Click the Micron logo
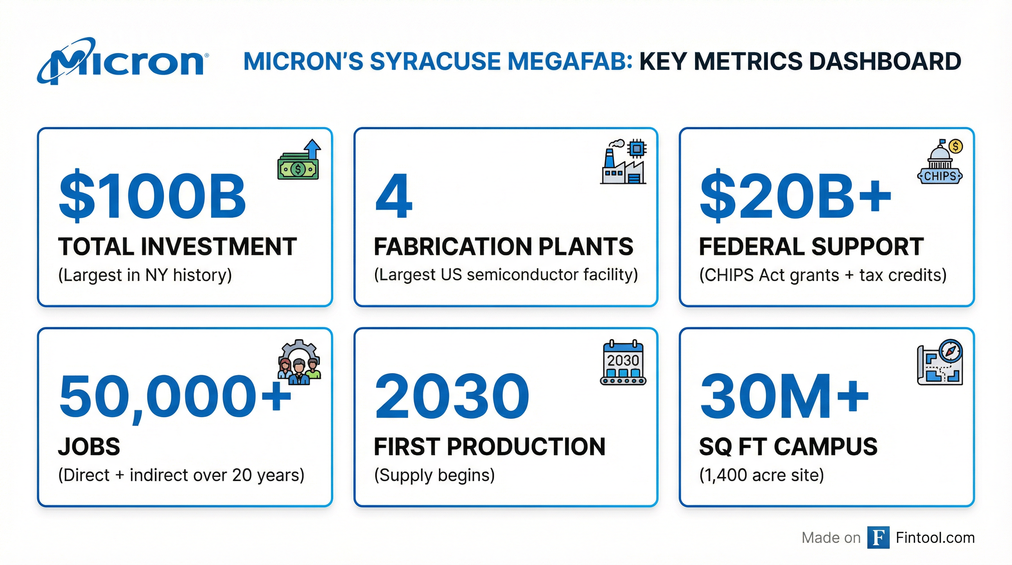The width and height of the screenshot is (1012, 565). pyautogui.click(x=122, y=61)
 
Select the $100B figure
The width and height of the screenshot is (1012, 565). pyautogui.click(x=153, y=196)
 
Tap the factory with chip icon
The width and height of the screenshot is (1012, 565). pyautogui.click(x=623, y=161)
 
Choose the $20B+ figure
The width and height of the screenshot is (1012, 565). pyautogui.click(x=796, y=196)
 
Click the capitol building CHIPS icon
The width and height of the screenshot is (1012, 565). pyautogui.click(x=940, y=161)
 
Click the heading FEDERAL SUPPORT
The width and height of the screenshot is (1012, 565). pyautogui.click(x=811, y=247)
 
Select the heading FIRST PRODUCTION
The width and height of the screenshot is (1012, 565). pyautogui.click(x=489, y=447)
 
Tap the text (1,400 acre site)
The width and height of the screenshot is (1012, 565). pyautogui.click(x=761, y=475)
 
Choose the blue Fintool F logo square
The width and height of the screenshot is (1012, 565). pyautogui.click(x=879, y=537)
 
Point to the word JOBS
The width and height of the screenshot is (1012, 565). pyautogui.click(x=89, y=447)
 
